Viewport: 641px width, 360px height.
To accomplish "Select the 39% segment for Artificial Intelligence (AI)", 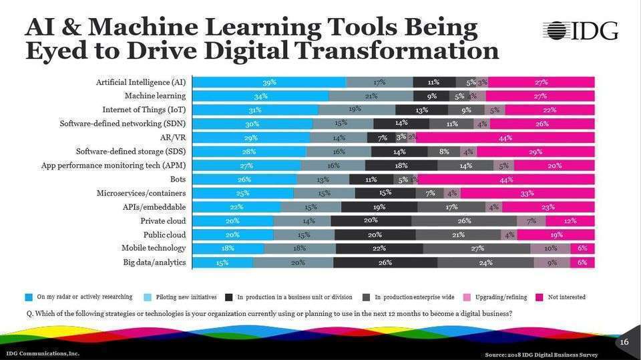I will (269, 82).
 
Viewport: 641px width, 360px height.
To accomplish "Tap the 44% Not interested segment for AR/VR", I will (505, 138).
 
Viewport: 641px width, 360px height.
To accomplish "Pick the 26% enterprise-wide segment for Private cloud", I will (464, 220).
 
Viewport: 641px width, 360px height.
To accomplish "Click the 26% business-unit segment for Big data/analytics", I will (385, 262).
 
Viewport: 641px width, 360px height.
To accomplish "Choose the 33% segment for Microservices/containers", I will (527, 193).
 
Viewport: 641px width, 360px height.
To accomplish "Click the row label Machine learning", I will (155, 96).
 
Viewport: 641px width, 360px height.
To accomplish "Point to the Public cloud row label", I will (164, 234).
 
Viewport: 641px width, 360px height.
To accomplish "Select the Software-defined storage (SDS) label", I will (131, 152).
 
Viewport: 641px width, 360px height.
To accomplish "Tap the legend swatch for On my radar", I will (29, 297).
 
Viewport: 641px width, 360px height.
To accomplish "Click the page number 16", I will (624, 343).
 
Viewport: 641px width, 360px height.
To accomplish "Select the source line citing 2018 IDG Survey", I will (542, 354).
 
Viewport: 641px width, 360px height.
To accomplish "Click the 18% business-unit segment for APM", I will (401, 166).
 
